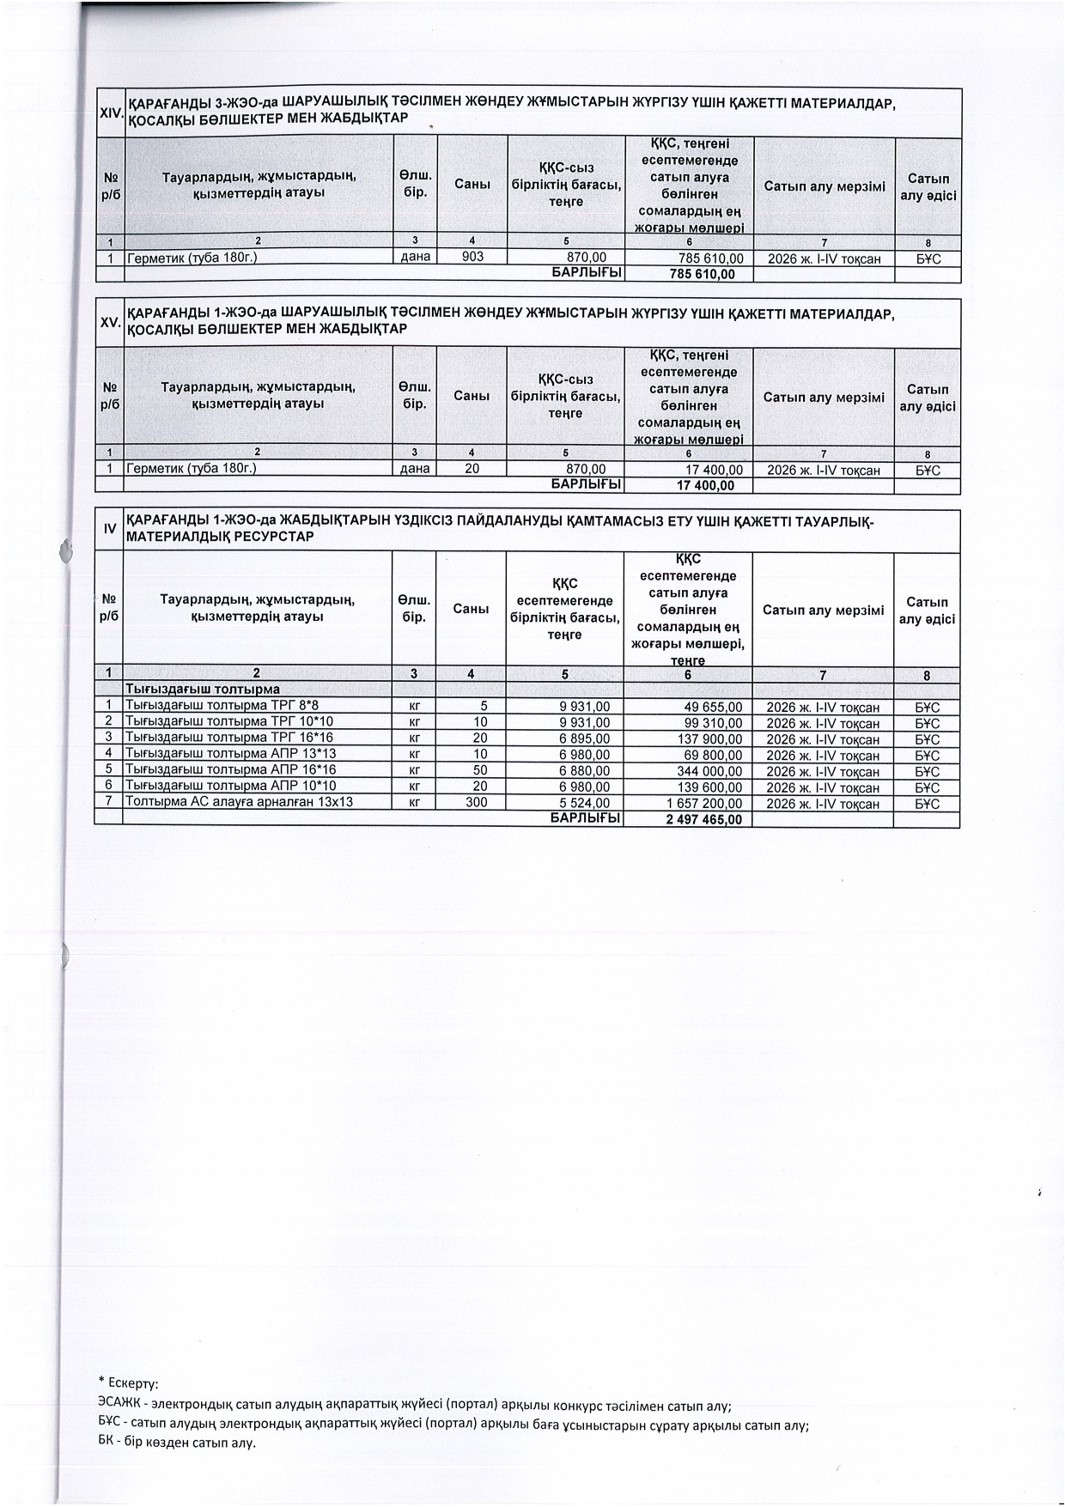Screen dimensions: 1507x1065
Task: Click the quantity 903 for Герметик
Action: (x=472, y=258)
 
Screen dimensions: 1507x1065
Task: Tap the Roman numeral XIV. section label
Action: (x=111, y=112)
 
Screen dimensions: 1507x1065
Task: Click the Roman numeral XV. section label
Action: (x=110, y=323)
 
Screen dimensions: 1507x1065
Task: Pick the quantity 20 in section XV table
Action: (x=472, y=469)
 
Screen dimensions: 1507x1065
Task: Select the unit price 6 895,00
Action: (x=584, y=738)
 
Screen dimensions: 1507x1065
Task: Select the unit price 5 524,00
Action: (x=584, y=803)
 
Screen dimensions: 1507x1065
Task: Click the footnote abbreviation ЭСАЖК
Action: (x=121, y=1407)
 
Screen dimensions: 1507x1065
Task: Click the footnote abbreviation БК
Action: (x=107, y=1443)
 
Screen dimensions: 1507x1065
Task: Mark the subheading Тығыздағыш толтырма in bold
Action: (x=203, y=690)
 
